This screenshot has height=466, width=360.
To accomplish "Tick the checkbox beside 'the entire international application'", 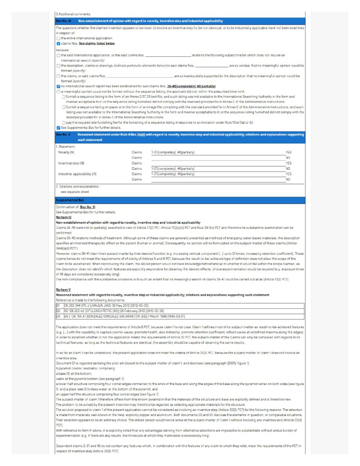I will click(x=58, y=38).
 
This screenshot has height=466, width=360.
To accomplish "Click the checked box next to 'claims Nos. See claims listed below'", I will click(x=58, y=43).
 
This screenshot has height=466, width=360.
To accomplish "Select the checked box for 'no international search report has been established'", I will click(x=58, y=86).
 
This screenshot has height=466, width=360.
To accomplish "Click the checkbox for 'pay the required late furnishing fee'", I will click(x=63, y=123).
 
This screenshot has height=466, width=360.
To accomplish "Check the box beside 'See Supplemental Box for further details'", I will click(x=58, y=127).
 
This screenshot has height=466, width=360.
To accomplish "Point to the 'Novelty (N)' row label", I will click(x=67, y=152).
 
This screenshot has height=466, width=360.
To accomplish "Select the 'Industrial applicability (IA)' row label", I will click(x=77, y=174).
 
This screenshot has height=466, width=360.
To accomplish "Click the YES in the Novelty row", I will click(x=288, y=152).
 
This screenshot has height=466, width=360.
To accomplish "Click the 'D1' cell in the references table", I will click(x=58, y=306).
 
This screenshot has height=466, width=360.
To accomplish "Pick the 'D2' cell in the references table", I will click(x=58, y=310).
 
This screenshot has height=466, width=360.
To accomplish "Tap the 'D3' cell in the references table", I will click(x=58, y=315).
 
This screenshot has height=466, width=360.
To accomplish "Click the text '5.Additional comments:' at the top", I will click(x=73, y=15).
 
